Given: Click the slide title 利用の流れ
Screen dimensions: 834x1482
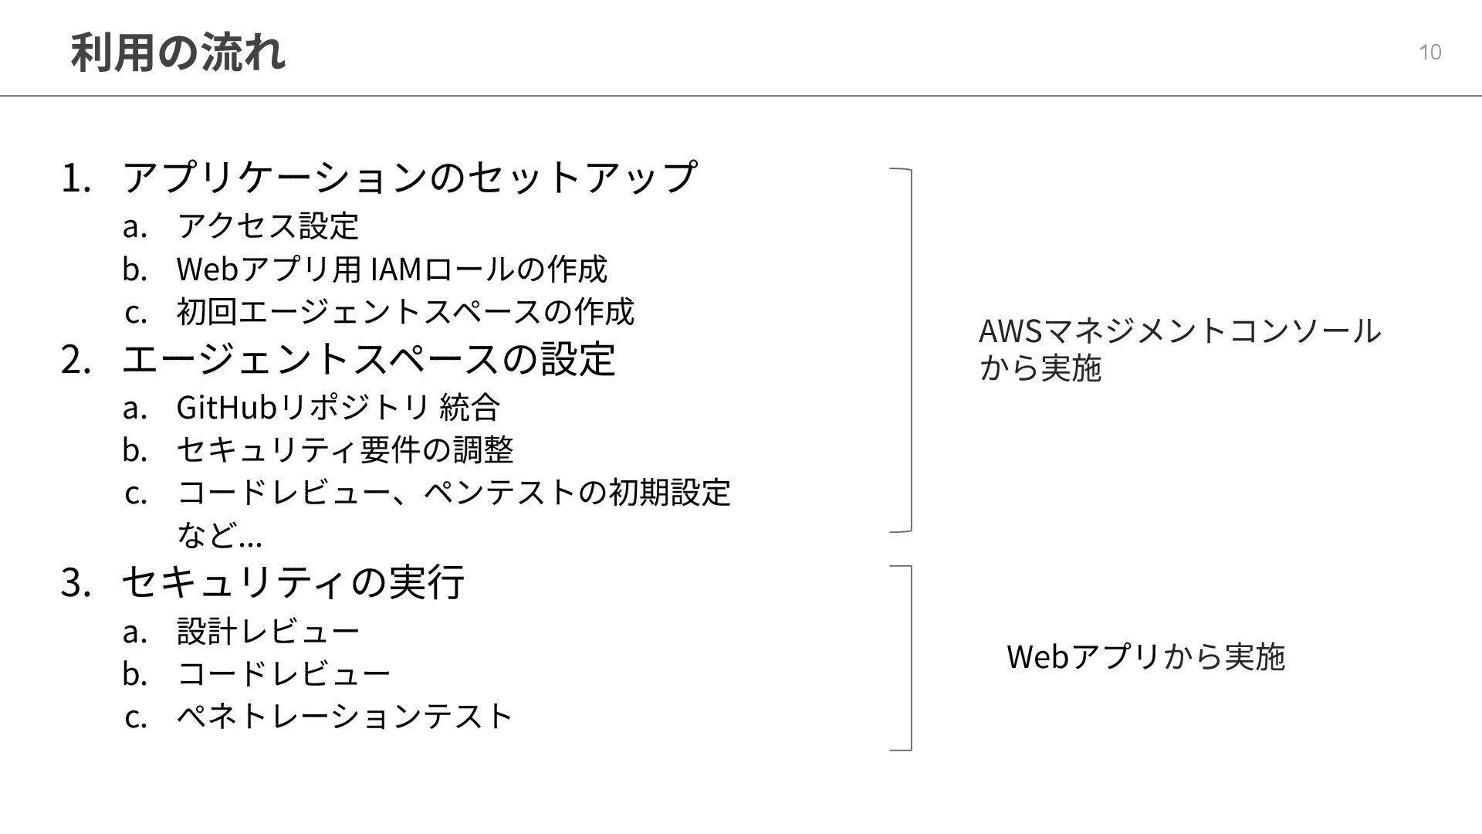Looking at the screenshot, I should click(178, 53).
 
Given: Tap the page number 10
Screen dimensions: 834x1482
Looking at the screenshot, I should click(1430, 52).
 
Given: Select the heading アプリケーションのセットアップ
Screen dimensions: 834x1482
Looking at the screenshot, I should click(409, 177).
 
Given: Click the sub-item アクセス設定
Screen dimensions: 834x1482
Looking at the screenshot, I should click(268, 225).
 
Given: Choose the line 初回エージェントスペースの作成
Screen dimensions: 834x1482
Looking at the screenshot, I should click(405, 311).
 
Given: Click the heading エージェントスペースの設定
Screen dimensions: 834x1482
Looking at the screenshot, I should click(368, 358).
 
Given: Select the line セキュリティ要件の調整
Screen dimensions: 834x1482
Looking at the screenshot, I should click(345, 449).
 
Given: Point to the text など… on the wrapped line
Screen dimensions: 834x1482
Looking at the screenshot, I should click(220, 534).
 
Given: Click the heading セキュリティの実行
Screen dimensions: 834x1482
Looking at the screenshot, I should click(293, 581).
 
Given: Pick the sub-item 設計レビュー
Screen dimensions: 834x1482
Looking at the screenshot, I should click(268, 631).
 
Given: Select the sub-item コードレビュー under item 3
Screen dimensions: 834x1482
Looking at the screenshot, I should click(283, 673).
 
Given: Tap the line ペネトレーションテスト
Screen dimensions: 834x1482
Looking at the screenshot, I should click(344, 716).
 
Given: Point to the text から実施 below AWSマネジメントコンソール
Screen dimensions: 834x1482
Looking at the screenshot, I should click(1040, 368).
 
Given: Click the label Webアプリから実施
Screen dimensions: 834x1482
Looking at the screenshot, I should click(1145, 656).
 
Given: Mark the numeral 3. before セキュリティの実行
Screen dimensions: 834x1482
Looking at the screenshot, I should click(76, 582).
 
